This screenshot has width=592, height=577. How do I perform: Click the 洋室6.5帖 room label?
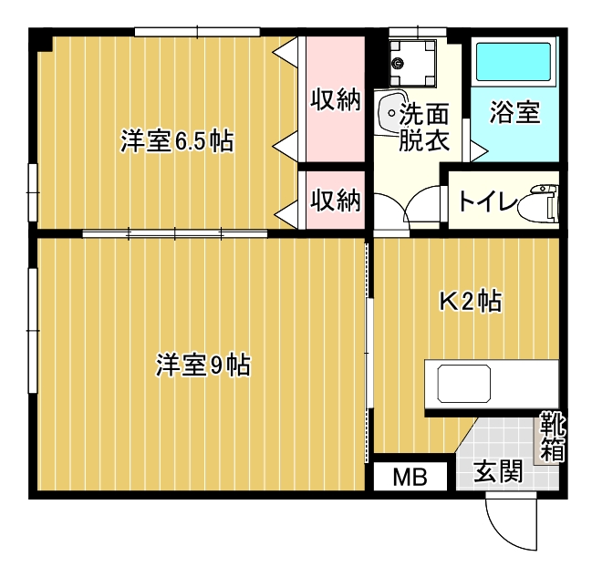click(x=177, y=141)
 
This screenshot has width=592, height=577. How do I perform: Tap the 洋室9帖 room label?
click(x=203, y=365)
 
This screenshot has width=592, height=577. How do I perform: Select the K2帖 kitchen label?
click(x=471, y=301)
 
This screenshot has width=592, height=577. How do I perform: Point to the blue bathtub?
click(x=513, y=62)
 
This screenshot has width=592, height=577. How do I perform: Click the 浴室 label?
click(x=515, y=112)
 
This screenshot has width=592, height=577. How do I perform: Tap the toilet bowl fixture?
click(x=538, y=204)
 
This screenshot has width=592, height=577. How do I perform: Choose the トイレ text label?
click(x=487, y=201)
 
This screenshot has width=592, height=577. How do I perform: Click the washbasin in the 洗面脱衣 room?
click(x=391, y=112)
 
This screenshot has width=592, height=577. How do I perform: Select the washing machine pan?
click(x=412, y=63)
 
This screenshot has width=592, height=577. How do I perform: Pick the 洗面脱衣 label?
click(x=424, y=128)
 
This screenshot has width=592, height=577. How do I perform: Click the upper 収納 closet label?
click(x=336, y=99)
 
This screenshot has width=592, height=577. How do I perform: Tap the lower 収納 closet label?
click(x=336, y=200)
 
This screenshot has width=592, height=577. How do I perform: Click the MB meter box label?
click(x=410, y=478)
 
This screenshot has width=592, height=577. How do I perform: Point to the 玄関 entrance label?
click(x=498, y=471)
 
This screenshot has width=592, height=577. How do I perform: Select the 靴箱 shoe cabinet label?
click(x=553, y=437)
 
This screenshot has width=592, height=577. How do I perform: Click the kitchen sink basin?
click(x=464, y=384)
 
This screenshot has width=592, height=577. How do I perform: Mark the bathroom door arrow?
click(x=479, y=151)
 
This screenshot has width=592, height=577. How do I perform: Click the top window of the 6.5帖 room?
click(x=197, y=32)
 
